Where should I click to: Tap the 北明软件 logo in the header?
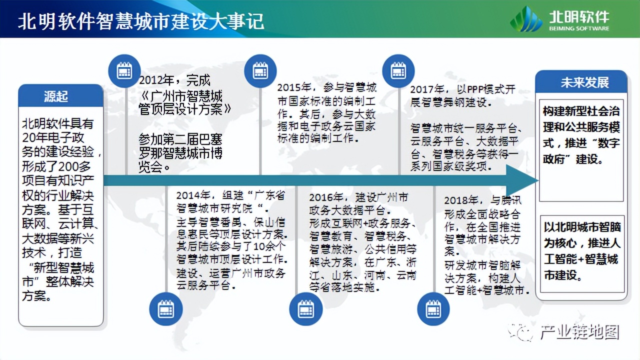pyautogui.click(x=559, y=19)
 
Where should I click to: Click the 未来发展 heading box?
pyautogui.click(x=581, y=82)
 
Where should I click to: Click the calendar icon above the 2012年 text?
pyautogui.click(x=124, y=71)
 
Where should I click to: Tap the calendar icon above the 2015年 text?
pyautogui.click(x=260, y=71)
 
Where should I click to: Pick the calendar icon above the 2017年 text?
pyautogui.click(x=398, y=71)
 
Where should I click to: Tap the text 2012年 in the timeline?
pyautogui.click(x=153, y=80)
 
